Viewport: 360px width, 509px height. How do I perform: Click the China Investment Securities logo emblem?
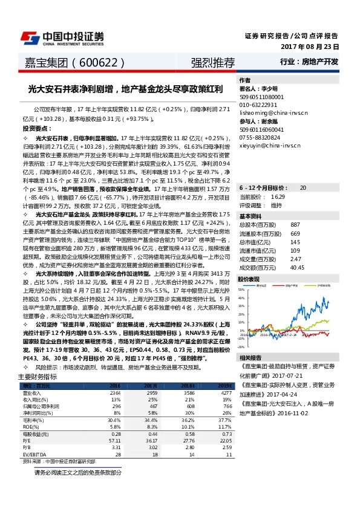click(x=31, y=37)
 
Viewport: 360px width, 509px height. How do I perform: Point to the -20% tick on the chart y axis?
click(x=240, y=347)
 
